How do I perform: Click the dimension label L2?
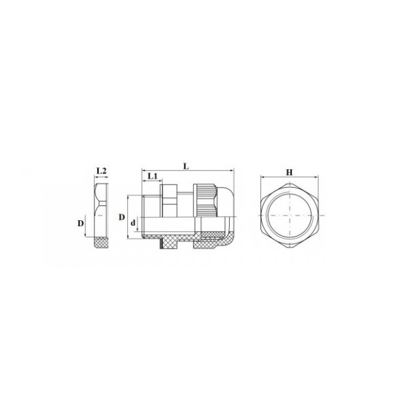tap(101, 171)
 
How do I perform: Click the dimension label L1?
tap(153, 176)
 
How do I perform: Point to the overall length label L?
tap(186, 167)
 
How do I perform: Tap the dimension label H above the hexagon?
tap(290, 172)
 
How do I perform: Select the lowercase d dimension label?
tap(133, 223)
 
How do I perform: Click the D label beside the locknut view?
tap(81, 223)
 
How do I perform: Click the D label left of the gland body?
tap(122, 217)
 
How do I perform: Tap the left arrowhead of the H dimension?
tap(262, 177)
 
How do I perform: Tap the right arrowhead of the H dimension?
tap(316, 177)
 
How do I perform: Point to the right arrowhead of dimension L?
tap(232, 171)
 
